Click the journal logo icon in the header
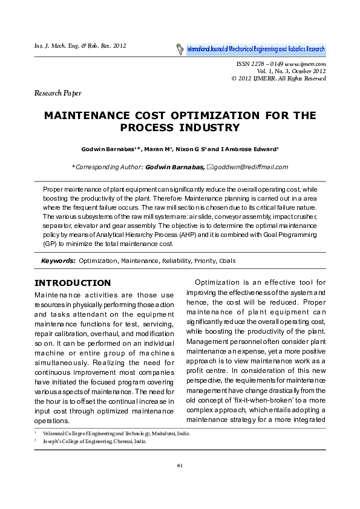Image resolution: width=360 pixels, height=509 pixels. point(180,48)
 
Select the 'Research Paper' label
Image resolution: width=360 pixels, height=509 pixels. point(58,93)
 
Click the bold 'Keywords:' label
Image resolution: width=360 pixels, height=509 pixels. point(58,261)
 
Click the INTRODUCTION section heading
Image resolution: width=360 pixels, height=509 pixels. point(73,283)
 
